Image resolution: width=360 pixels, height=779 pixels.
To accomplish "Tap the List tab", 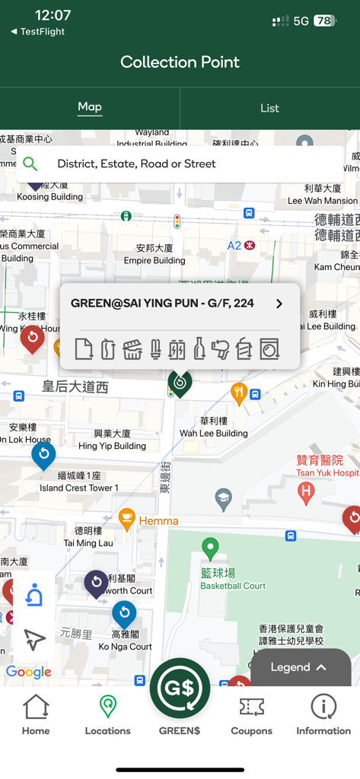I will tap(269, 108).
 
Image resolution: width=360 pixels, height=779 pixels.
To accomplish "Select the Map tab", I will tap(90, 107).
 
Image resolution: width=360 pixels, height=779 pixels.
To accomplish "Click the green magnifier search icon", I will tap(30, 164).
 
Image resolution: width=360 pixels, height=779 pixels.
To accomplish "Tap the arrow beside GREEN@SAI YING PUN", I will tap(279, 304).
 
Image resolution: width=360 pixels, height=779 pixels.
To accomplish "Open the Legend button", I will tap(300, 667).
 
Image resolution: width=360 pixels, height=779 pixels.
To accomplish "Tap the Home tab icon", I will tap(36, 707).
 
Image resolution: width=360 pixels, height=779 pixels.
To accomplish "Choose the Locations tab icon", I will tap(108, 707).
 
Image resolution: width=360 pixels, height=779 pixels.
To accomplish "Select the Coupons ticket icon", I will tap(251, 707).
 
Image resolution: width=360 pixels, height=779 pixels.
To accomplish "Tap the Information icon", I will tap(323, 707).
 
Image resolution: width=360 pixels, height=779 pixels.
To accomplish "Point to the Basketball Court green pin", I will tap(210, 547).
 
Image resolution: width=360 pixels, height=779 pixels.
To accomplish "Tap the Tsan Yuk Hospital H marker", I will tap(306, 493).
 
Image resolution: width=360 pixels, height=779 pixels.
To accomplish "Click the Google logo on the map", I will tap(28, 672).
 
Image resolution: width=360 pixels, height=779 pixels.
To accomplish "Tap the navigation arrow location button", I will tap(34, 639).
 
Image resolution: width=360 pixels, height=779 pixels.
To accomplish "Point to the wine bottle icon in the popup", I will tap(199, 348).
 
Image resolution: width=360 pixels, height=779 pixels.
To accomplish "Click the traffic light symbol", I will tap(177, 221).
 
